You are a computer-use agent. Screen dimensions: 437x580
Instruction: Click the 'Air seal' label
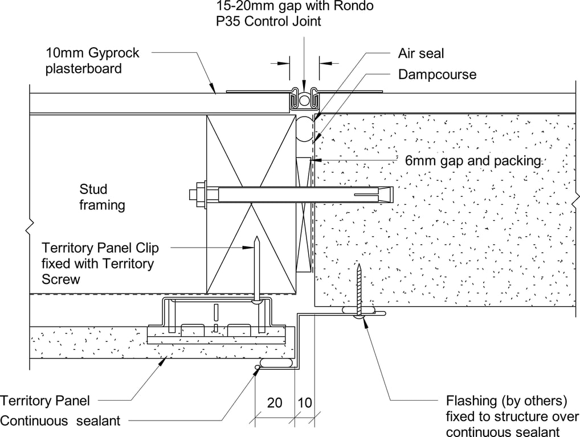420,53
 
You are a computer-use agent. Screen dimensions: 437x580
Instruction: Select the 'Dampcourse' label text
437,75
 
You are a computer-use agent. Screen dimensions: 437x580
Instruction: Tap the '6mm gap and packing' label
472,160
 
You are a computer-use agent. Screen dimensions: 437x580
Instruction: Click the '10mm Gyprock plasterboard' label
92,60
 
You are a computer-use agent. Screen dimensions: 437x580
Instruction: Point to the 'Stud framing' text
102,197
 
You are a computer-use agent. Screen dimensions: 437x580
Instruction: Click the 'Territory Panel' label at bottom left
45,401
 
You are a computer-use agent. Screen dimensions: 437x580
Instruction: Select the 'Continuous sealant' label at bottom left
60,421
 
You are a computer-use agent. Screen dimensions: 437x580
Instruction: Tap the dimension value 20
275,403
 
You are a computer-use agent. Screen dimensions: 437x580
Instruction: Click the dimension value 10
305,403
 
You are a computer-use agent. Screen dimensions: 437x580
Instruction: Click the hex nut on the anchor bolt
200,195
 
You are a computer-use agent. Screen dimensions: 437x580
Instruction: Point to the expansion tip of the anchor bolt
385,195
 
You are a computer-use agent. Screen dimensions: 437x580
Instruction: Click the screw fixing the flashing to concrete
359,290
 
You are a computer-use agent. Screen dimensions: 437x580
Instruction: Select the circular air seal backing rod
304,128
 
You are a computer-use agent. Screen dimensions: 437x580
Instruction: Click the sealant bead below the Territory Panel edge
276,362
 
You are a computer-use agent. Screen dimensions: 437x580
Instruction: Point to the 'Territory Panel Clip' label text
100,248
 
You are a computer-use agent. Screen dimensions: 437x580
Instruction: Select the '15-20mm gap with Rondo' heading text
295,7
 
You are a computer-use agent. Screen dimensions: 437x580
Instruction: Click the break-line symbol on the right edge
576,197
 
